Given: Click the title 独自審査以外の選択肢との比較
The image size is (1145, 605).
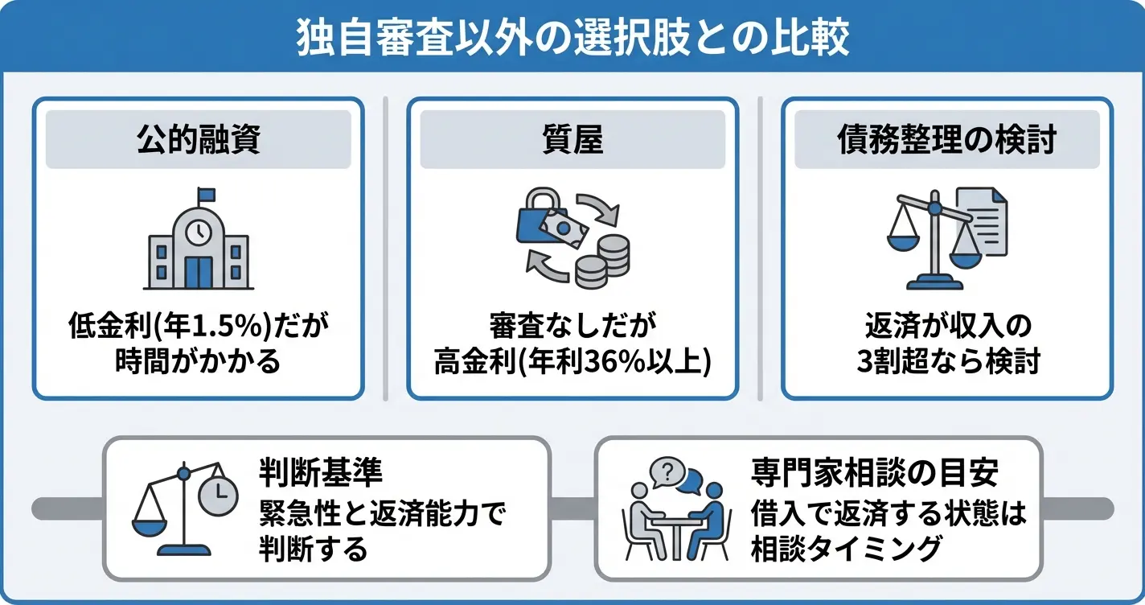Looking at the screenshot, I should pos(572,37).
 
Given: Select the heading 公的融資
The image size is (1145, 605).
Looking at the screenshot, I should pos(198,140).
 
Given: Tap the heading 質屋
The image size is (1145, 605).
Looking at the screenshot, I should pos(572,140).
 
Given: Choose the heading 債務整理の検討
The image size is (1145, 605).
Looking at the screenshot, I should pos(946,140).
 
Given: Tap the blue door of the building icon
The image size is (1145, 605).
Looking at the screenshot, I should pos(198,272).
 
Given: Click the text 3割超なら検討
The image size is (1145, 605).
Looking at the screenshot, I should pos(947,362).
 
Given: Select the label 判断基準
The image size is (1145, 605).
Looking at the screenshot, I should pos(309,473).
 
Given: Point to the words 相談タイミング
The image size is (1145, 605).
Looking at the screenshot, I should pos(845,549).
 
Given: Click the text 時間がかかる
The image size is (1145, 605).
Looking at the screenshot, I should pos(198,362).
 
